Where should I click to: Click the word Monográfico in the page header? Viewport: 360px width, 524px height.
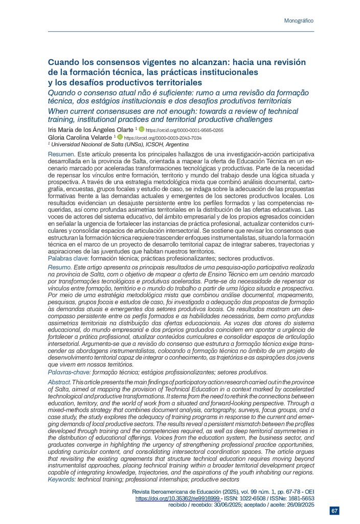[x=298, y=20]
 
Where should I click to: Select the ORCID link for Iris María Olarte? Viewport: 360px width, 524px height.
[x=185, y=130]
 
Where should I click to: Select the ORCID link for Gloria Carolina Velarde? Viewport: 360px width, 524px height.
[x=163, y=138]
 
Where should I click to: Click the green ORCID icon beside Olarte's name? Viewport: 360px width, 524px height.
[x=142, y=130]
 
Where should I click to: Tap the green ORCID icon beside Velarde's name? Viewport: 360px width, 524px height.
[x=120, y=138]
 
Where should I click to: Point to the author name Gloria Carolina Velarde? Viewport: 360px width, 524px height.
[x=80, y=138]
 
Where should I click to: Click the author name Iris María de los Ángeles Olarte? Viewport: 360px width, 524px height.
[x=91, y=130]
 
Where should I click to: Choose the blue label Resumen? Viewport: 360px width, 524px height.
[x=61, y=154]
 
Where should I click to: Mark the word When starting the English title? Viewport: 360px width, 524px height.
[x=58, y=111]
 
